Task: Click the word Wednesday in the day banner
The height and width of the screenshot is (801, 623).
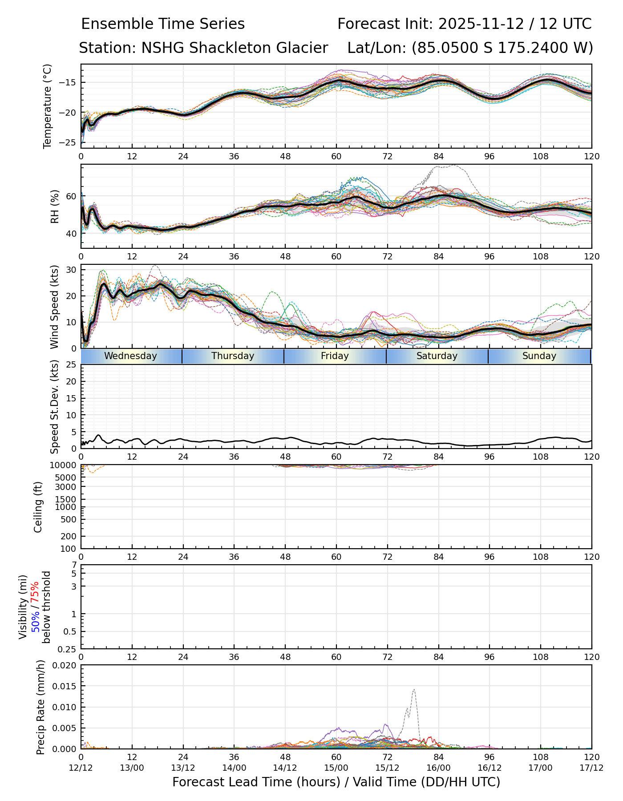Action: [130, 356]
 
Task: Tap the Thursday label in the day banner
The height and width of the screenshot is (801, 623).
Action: [233, 356]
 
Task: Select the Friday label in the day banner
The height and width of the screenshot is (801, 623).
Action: [335, 356]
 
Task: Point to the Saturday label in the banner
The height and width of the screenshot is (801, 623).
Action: [437, 356]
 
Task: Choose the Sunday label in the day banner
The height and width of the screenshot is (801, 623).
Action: [539, 356]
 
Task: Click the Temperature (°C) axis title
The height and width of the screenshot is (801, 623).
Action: [48, 106]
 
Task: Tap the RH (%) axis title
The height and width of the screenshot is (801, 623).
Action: [55, 206]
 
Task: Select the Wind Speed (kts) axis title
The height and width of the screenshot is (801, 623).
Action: [55, 307]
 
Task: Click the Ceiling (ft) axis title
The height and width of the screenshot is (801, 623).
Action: [38, 507]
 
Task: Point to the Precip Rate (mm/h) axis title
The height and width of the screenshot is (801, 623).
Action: [41, 707]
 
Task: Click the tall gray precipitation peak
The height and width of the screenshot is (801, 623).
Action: [414, 691]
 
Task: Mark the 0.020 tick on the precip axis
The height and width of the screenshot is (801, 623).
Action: [64, 665]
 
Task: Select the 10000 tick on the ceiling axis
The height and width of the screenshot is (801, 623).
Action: [65, 465]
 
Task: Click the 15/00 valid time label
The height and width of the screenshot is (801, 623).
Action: [336, 768]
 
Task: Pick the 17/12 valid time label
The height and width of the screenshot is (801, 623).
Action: [591, 768]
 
